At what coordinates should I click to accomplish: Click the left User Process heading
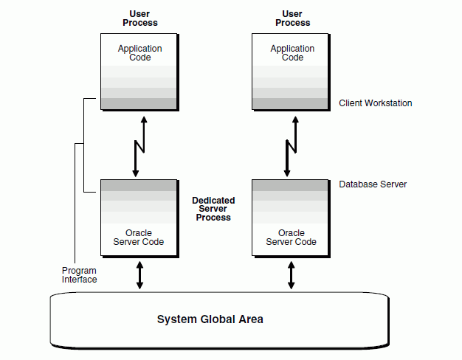pyautogui.click(x=139, y=18)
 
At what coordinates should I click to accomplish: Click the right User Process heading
pyautogui.click(x=293, y=18)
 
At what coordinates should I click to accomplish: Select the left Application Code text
pyautogui.click(x=139, y=53)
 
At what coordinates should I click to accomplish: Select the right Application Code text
pyautogui.click(x=292, y=53)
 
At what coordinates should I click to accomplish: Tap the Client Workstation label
pyautogui.click(x=375, y=103)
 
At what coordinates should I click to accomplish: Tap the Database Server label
pyautogui.click(x=373, y=184)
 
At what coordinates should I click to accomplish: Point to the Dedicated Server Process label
pyautogui.click(x=213, y=209)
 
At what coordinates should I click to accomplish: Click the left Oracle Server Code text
pyautogui.click(x=139, y=238)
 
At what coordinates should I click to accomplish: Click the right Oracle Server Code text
pyautogui.click(x=292, y=238)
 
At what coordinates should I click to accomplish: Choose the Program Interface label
pyautogui.click(x=79, y=275)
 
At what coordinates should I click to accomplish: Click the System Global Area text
pyautogui.click(x=210, y=319)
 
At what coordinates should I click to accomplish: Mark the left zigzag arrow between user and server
pyautogui.click(x=139, y=145)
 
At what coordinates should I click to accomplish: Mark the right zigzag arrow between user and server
pyautogui.click(x=292, y=145)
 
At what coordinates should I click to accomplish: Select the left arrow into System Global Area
pyautogui.click(x=139, y=274)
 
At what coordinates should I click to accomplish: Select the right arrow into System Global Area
pyautogui.click(x=292, y=274)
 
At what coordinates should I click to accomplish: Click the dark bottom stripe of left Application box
pyautogui.click(x=139, y=103)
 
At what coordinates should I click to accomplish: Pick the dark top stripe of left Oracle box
pyautogui.click(x=139, y=184)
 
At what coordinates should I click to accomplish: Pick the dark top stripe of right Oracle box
pyautogui.click(x=292, y=184)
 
